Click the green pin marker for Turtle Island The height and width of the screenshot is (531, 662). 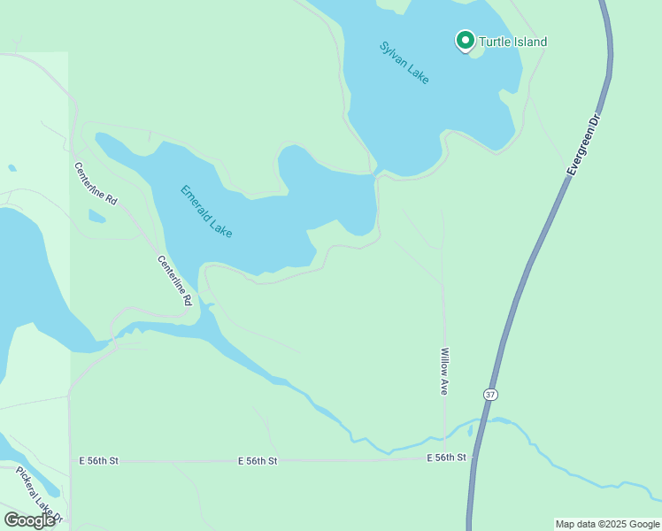465,40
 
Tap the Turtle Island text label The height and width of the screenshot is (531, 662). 512,42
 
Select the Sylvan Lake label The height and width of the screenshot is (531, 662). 404,63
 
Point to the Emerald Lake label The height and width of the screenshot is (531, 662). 206,211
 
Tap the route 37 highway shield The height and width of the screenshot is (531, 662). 490,393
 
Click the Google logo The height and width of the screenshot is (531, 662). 29,520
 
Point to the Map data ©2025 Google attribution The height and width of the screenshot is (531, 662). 607,524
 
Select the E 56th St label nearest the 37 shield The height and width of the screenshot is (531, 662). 446,458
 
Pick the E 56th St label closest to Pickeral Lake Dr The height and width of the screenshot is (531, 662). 98,461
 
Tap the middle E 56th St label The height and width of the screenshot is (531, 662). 258,461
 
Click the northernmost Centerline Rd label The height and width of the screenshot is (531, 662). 96,184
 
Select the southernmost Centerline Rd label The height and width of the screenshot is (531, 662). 174,281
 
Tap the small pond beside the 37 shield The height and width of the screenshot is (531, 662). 470,431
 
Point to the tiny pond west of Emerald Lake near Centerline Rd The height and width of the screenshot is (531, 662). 96,216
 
